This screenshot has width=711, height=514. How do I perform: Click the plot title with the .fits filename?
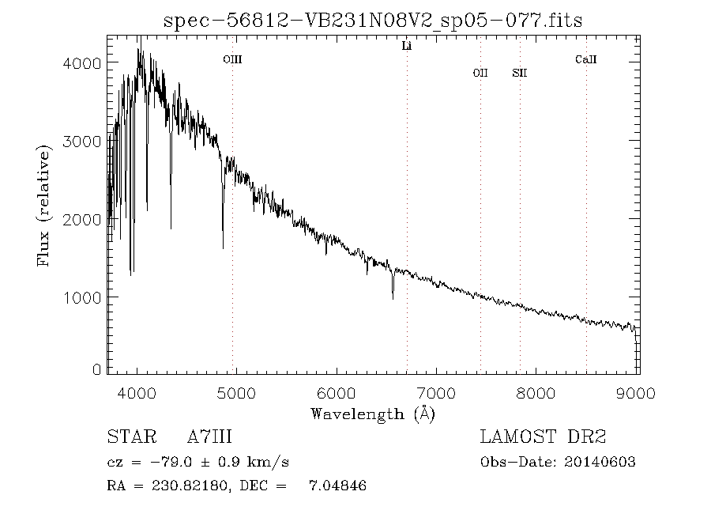373,21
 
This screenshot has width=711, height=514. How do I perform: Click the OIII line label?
232,59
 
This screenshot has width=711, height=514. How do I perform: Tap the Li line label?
407,47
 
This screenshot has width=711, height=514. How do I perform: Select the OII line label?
480,74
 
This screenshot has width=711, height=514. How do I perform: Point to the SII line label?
519,74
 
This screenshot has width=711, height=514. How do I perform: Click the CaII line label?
585,59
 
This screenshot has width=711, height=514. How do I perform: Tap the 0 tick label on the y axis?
96,369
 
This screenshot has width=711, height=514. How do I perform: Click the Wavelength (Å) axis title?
373,414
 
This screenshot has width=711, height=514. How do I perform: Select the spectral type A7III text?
209,437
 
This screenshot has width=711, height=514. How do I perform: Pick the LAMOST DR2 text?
543,437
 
